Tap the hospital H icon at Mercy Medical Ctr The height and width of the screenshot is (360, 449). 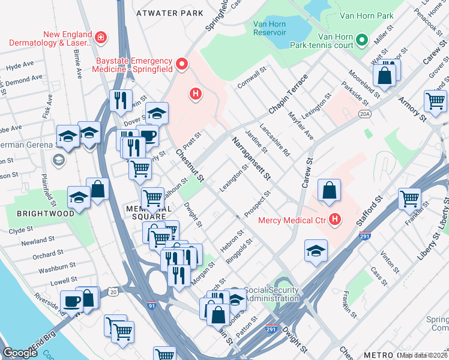(x=335, y=220)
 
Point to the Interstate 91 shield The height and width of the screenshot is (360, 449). (x=152, y=305)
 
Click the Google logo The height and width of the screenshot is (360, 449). (x=20, y=353)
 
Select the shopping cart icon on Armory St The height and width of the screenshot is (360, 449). (x=435, y=101)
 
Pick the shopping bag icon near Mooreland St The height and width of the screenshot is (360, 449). (x=384, y=76)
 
